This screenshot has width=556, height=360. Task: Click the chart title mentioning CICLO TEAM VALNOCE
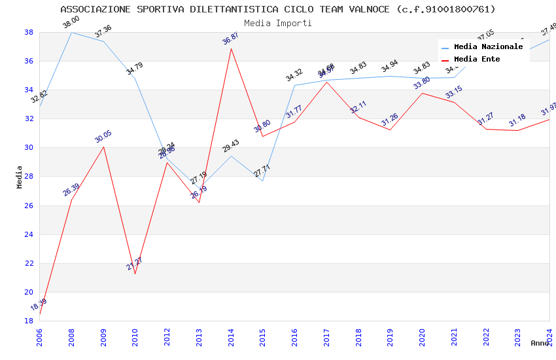(278, 9)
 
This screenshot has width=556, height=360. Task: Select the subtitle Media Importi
(278, 23)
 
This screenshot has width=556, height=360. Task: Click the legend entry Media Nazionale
(488, 46)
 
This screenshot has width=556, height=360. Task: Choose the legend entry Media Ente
(477, 59)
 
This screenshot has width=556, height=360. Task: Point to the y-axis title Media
(20, 177)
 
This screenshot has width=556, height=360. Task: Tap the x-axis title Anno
(540, 343)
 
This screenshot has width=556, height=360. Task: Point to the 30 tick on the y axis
(29, 148)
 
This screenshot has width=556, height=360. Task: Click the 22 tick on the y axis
(29, 263)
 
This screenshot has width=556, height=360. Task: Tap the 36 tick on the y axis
(29, 62)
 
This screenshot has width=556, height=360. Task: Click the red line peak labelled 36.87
(231, 48)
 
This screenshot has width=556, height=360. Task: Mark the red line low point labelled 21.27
(135, 274)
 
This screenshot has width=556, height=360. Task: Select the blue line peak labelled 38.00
(71, 32)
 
